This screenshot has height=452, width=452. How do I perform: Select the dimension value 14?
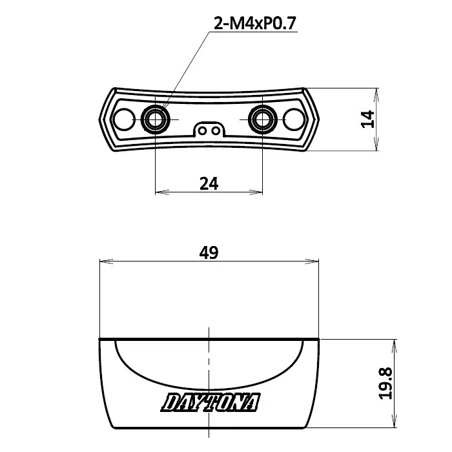coord(367,119)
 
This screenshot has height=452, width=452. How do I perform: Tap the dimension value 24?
coord(209,183)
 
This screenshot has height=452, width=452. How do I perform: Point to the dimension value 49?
coord(209,253)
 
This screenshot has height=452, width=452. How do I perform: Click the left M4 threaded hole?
coord(156,119)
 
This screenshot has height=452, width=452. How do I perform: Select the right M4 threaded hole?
coord(263,119)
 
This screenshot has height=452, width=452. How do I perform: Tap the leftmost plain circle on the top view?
coord(123,119)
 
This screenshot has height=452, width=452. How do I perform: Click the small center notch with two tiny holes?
coord(209,129)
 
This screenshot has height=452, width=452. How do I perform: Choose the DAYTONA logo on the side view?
coord(211,403)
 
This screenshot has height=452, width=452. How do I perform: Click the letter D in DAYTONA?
coord(172,403)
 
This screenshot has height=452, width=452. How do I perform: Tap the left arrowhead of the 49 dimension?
coord(102,262)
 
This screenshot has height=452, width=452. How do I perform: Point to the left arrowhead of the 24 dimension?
coord(159,192)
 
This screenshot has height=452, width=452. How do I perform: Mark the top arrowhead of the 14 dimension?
coord(376,91)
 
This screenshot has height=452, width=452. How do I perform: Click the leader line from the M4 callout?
coord(187,71)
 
